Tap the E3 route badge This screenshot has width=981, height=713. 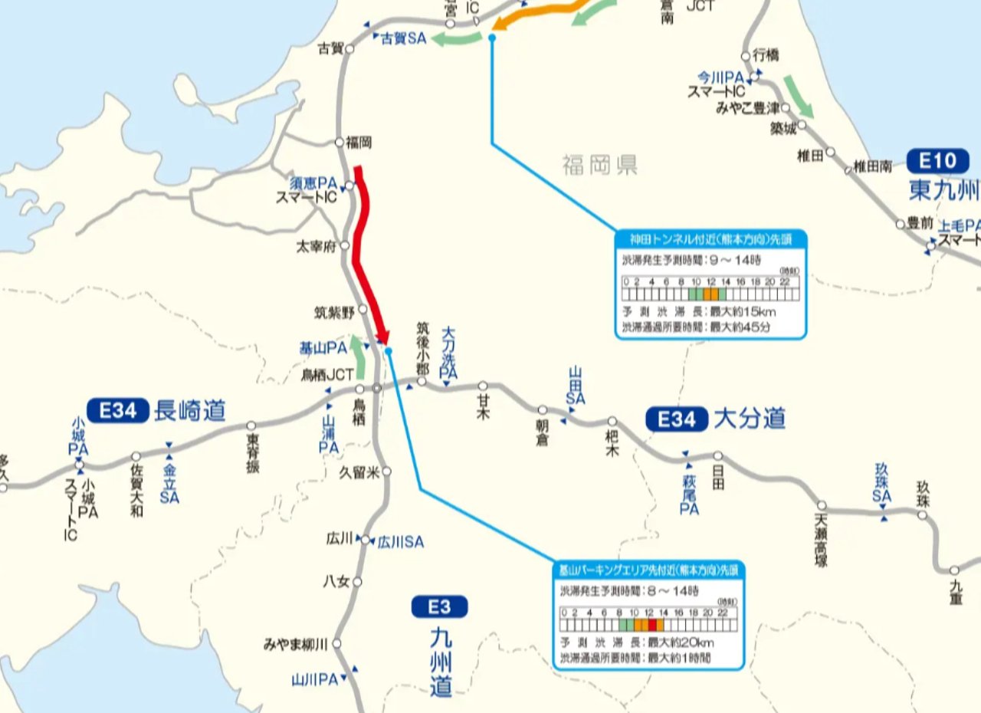tap(439, 607)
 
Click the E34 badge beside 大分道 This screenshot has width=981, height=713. tap(677, 419)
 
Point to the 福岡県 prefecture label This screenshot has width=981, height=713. tap(599, 164)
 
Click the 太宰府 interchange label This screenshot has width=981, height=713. tap(317, 247)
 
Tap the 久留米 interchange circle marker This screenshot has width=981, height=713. tap(387, 472)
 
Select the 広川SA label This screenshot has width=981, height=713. tap(401, 542)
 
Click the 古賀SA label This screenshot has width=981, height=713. tap(404, 38)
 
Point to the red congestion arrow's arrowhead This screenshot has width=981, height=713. tap(382, 337)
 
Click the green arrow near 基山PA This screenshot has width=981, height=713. tap(358, 356)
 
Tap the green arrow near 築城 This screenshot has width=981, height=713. tap(797, 97)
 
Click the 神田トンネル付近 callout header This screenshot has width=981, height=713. tap(710, 239)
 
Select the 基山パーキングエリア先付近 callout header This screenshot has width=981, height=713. tap(648, 570)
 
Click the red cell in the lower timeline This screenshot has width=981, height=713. tap(651, 625)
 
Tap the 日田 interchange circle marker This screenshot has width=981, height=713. tap(717, 456)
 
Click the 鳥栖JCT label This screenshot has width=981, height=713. tap(328, 375)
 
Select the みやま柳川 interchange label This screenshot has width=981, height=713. tap(296, 644)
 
